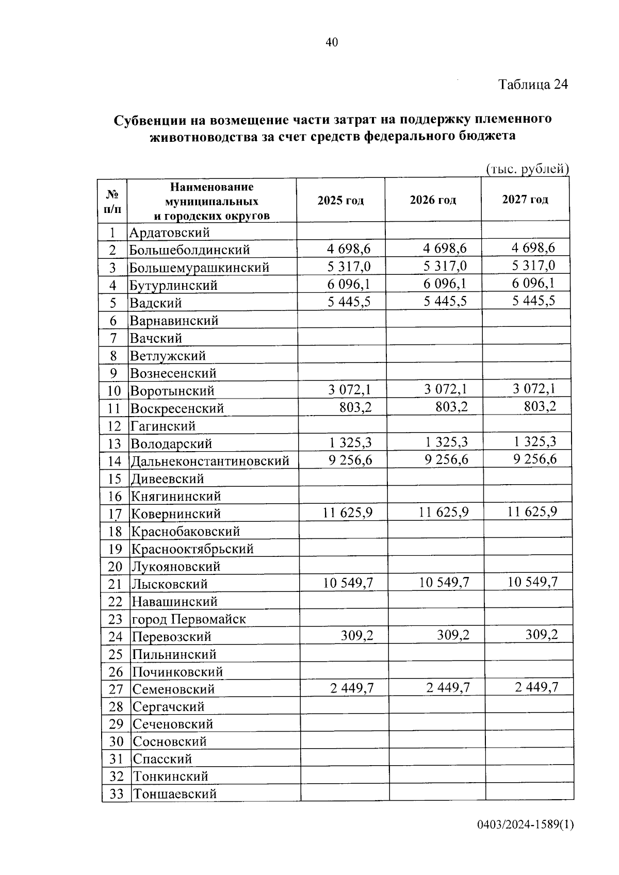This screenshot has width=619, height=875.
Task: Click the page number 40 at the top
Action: pyautogui.click(x=332, y=43)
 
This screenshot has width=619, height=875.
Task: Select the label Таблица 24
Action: pyautogui.click(x=533, y=85)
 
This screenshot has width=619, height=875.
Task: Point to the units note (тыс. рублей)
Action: pyautogui.click(x=527, y=169)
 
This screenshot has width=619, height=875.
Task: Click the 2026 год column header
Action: pyautogui.click(x=433, y=200)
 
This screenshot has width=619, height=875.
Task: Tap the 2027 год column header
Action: pyautogui.click(x=525, y=200)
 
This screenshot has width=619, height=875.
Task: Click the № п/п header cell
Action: pyautogui.click(x=113, y=202)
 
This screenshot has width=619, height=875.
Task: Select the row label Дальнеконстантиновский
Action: pyautogui.click(x=209, y=461)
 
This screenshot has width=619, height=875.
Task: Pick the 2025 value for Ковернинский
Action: pyautogui.click(x=348, y=513)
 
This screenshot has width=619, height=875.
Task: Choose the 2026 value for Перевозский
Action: pyautogui.click(x=453, y=635)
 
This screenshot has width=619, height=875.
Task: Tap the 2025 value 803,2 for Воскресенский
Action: pyautogui.click(x=355, y=407)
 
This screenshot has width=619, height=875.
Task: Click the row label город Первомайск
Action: pyautogui.click(x=189, y=619)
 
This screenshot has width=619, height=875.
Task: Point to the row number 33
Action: pyautogui.click(x=116, y=794)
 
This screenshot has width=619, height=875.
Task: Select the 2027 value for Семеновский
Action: pyautogui.click(x=536, y=687)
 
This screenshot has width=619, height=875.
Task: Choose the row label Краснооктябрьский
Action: pyautogui.click(x=192, y=549)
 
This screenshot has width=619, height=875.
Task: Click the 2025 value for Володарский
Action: pyautogui.click(x=350, y=442)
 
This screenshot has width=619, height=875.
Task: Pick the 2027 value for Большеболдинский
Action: pyautogui.click(x=533, y=248)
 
